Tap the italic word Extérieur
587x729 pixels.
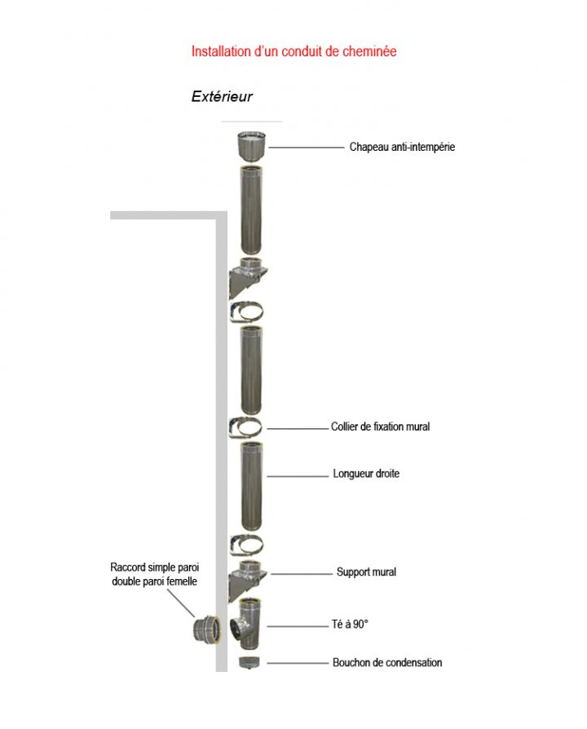[222, 97]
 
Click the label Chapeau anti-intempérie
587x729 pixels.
[402, 148]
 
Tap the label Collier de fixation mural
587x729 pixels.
[380, 426]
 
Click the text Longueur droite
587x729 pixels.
[366, 474]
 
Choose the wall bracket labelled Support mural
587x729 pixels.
[249, 577]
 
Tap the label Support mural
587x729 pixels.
[366, 572]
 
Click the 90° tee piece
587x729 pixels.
[250, 624]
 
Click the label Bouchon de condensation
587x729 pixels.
[387, 663]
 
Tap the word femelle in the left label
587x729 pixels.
[178, 581]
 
